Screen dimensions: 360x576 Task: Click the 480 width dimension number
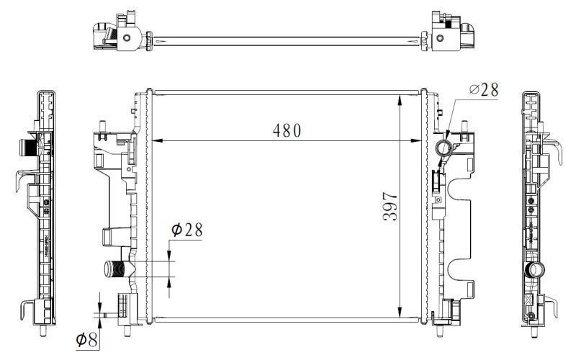coord(287,130)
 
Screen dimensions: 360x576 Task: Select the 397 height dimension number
coord(390,207)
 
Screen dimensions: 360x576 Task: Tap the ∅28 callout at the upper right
coord(483,89)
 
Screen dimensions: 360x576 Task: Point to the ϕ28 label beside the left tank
coord(186,230)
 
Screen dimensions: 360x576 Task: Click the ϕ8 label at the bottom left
coord(87,338)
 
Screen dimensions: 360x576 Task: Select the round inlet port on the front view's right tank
coord(444,150)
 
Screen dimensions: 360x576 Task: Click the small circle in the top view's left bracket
coord(127,38)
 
